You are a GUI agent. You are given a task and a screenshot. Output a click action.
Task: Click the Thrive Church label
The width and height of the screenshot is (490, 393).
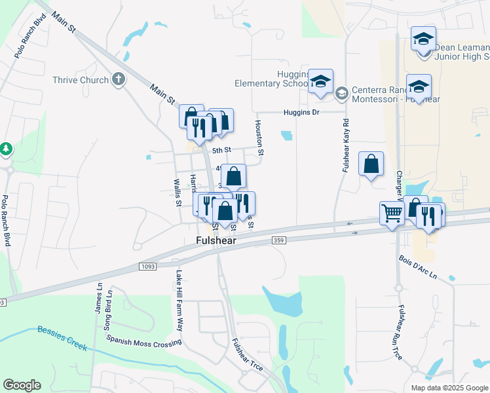81,80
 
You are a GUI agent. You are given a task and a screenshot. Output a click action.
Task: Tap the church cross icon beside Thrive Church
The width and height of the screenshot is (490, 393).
118,79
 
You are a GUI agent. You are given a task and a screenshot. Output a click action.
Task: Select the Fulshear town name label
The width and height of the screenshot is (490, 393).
216,241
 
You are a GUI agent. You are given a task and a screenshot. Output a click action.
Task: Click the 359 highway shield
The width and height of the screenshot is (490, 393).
278,241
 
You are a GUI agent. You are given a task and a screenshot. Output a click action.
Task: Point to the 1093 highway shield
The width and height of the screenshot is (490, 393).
147,266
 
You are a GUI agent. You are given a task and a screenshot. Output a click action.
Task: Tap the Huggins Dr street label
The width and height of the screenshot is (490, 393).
301,112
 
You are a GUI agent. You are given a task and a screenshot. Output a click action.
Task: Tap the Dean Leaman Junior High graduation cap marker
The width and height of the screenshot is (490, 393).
423,37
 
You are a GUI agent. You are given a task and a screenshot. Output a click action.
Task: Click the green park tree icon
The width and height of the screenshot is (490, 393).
6,149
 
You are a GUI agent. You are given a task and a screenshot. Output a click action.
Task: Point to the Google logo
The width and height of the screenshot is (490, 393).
22,385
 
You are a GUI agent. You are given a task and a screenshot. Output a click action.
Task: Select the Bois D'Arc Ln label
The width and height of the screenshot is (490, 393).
426,267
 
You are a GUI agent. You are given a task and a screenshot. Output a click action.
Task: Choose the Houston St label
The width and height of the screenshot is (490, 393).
259,138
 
